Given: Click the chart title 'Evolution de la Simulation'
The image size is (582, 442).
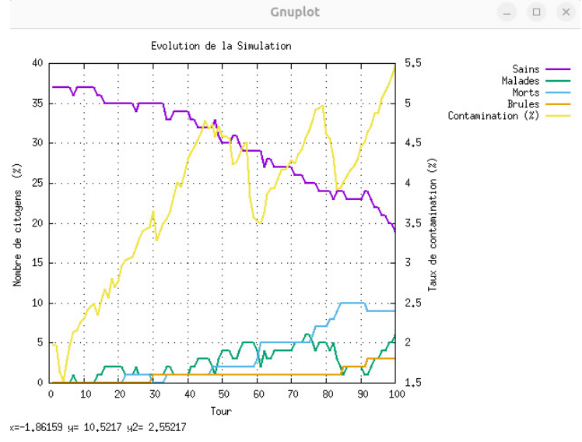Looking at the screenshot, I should (221, 46).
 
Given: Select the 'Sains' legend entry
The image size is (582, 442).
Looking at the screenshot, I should (526, 69).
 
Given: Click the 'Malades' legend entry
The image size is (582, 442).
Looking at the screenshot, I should (521, 81).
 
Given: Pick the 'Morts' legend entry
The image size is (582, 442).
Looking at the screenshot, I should (526, 93).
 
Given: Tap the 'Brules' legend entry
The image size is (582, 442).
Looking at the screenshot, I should (524, 104).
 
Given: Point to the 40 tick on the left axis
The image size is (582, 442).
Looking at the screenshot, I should (37, 63).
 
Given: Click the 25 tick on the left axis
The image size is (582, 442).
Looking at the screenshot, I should (37, 183).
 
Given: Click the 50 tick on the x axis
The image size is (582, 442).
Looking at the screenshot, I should (223, 394).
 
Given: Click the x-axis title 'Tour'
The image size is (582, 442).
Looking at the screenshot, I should (221, 411).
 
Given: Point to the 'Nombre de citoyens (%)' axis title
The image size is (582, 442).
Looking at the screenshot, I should (16, 223).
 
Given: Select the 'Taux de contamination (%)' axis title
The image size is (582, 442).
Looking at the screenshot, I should (433, 223).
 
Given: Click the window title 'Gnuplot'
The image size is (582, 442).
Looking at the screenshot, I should (295, 12).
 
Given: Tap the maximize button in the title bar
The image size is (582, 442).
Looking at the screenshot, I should (537, 12).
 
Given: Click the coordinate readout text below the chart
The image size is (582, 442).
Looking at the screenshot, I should (98, 427).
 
